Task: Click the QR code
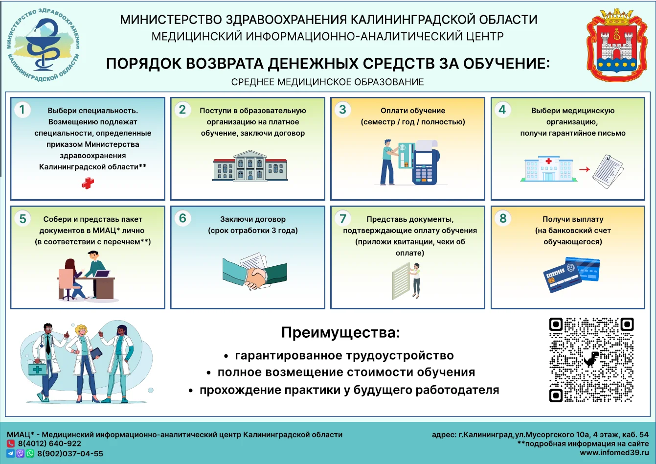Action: point(591,360)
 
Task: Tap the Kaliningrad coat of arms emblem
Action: point(617,45)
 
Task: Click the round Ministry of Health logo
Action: point(44,45)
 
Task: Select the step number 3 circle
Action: point(342,110)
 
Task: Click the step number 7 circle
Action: point(342,218)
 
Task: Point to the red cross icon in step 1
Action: point(88,183)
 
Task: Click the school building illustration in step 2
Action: point(250,165)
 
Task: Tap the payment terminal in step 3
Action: point(425,162)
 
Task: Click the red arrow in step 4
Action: point(585,169)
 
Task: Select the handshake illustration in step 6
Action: point(255,272)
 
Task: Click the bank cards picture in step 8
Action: point(571,275)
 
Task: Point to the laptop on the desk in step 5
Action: point(102,274)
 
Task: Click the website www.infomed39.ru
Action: point(614,453)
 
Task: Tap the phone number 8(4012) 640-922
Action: point(49,443)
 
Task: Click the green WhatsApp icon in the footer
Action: point(30,453)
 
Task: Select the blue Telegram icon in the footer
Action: point(11,453)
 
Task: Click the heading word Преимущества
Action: point(340,332)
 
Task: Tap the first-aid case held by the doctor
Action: point(38,369)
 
